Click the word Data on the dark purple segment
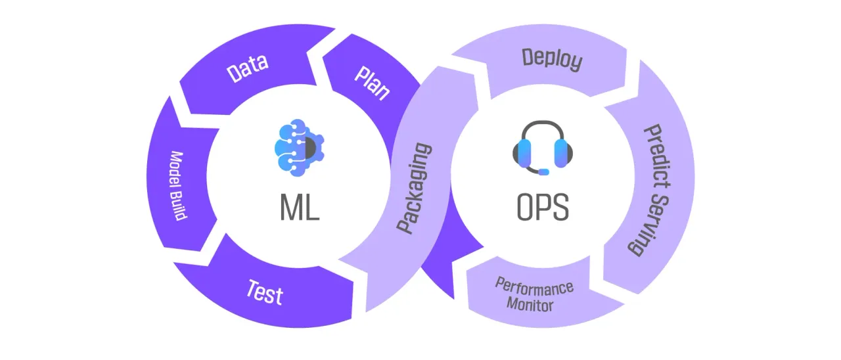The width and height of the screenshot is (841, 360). coord(248,68)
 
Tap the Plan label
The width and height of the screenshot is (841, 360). coord(373,83)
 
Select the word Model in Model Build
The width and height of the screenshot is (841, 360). coord(176,169)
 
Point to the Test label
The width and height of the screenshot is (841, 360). coord(265,293)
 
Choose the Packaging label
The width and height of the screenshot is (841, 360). coord(415,188)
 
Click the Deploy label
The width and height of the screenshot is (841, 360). coord(553,59)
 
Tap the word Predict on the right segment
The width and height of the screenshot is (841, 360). coord(658,157)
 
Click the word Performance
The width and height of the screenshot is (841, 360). coord(534,287)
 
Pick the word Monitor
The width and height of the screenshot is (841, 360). coord(530,304)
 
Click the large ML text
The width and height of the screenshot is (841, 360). coord(300,207)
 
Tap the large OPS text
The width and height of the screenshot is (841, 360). coord(543,207)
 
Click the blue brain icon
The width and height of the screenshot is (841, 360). coord(299,148)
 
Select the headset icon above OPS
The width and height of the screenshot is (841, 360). coord(543,148)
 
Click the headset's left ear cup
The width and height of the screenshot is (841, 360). coord(524,154)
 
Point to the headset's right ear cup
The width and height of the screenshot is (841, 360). coord(562,154)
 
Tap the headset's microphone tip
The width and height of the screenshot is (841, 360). coord(544,172)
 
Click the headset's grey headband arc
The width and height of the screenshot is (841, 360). coord(543,122)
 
